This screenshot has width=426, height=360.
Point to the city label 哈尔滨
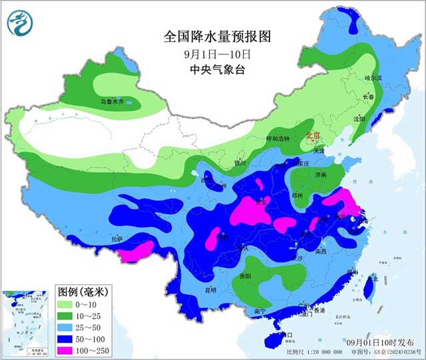tap(374, 78)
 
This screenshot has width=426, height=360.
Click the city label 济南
tap(320, 174)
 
